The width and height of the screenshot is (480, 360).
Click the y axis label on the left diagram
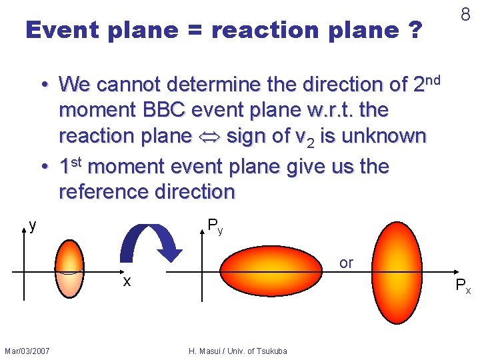pyautogui.click(x=33, y=226)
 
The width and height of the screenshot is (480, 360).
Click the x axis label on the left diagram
pyautogui.click(x=126, y=282)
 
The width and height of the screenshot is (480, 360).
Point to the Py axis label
pyautogui.click(x=215, y=226)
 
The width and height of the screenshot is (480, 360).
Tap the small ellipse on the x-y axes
pyautogui.click(x=69, y=268)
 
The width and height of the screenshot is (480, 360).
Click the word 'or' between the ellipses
pyautogui.click(x=346, y=263)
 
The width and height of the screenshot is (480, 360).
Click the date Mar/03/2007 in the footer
pyautogui.click(x=27, y=351)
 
